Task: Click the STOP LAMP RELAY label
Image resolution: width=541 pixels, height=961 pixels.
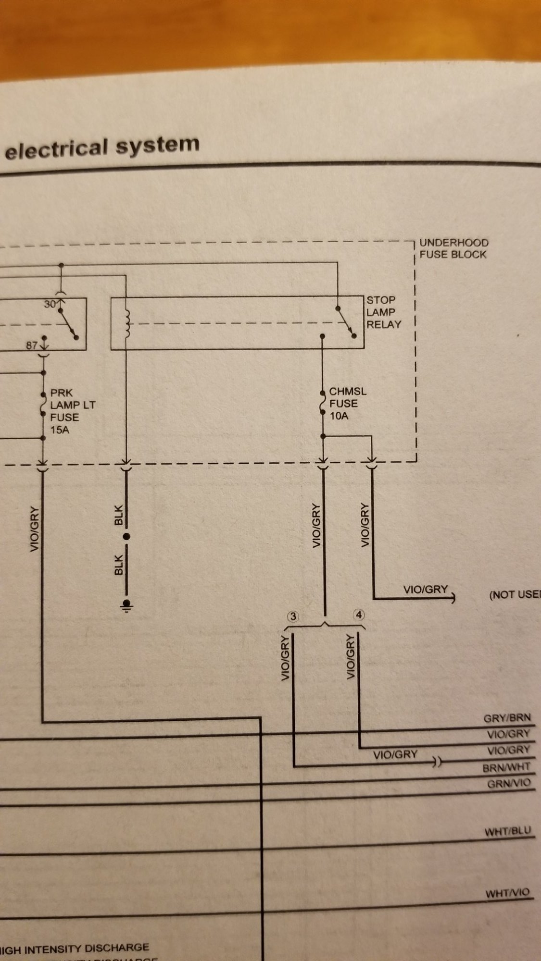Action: [x=383, y=312]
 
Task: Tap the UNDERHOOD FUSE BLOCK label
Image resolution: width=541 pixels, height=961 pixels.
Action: [x=453, y=248]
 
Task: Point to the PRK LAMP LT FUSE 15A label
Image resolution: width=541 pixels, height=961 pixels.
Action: [x=72, y=411]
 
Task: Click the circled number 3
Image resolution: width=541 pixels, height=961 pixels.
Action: [x=292, y=616]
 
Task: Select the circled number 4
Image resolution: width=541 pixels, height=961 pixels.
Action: [x=358, y=615]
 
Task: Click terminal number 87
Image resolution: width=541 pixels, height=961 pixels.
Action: [x=32, y=345]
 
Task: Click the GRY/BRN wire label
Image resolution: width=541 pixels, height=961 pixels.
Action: [x=507, y=718]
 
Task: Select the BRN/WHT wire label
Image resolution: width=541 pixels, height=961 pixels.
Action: [x=506, y=767]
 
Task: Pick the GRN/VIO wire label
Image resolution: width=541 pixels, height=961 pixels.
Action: [x=509, y=784]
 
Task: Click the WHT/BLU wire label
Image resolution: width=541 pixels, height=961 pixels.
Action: [x=508, y=831]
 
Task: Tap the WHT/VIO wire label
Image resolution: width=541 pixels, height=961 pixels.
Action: [x=507, y=893]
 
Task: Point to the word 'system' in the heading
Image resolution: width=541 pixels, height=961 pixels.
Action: [x=157, y=144]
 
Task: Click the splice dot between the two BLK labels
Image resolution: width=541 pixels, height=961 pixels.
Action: [x=127, y=537]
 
